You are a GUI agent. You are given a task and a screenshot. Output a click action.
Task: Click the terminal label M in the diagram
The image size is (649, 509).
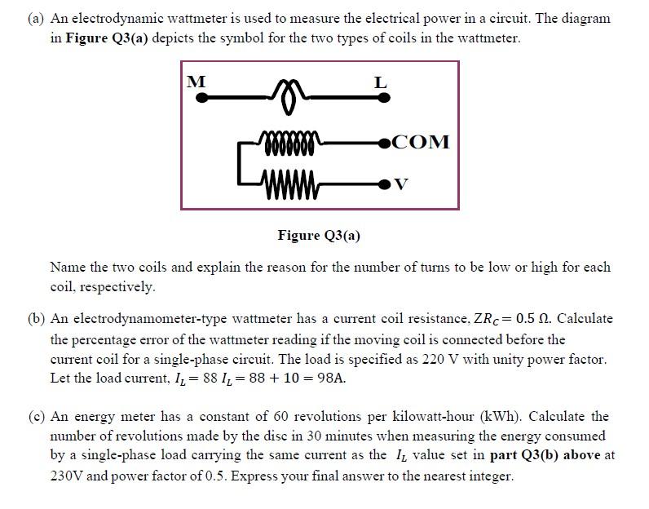pyautogui.click(x=196, y=81)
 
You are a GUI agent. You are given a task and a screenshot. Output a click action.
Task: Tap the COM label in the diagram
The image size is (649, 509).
pyautogui.click(x=421, y=142)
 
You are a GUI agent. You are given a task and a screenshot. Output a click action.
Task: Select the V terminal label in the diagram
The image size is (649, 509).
pyautogui.click(x=400, y=184)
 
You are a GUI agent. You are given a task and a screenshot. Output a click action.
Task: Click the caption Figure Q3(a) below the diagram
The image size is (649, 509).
pyautogui.click(x=319, y=236)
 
